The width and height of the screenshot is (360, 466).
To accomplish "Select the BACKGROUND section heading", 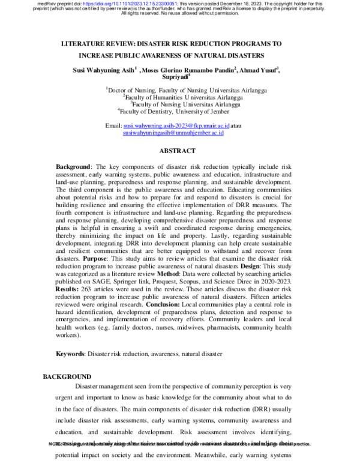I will click(x=67, y=377).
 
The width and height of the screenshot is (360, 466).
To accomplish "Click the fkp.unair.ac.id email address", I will click(x=176, y=126).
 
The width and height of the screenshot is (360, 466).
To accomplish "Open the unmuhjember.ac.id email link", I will click(x=173, y=133).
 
